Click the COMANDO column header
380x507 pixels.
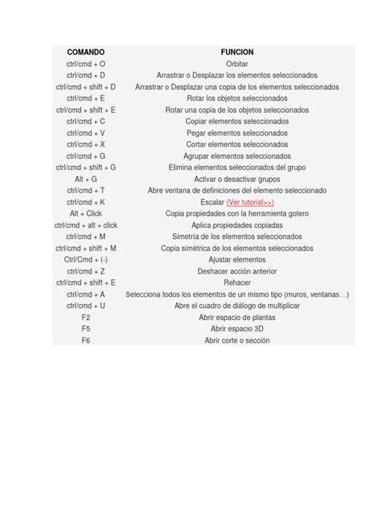pos(86,51)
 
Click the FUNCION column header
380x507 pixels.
pos(236,51)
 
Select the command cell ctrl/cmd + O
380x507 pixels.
pos(86,63)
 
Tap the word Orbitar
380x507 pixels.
pos(236,63)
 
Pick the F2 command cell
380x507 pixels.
pos(86,318)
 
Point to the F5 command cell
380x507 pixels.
pos(86,330)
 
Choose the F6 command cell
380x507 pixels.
pos(86,341)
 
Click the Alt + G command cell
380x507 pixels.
pos(86,179)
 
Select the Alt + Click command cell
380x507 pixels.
pos(86,213)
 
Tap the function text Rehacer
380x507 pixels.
pos(236,283)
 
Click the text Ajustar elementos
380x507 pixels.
pos(236,260)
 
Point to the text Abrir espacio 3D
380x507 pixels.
pos(236,330)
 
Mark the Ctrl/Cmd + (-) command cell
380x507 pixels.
pos(86,260)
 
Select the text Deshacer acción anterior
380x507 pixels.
pos(236,272)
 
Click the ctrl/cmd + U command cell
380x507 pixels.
pos(86,306)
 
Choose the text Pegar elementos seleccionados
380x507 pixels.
pos(236,132)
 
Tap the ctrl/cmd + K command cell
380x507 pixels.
pos(86,202)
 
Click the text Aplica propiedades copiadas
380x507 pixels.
pos(236,225)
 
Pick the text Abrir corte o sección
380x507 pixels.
pos(236,341)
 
